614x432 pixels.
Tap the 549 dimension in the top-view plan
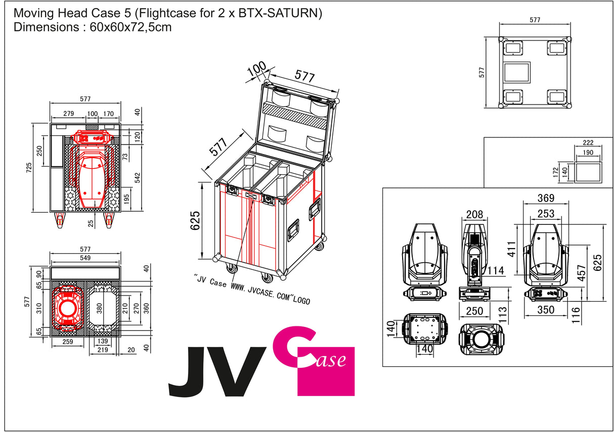coord(85,258)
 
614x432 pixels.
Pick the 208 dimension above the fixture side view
coord(475,215)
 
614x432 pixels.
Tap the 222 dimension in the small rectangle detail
coord(588,142)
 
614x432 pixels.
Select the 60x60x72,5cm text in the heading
coord(130,27)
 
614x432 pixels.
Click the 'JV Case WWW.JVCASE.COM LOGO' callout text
coord(251,290)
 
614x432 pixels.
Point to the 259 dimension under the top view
coord(68,342)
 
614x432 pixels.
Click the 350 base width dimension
coord(546,310)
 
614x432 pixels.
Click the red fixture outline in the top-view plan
coord(67,308)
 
